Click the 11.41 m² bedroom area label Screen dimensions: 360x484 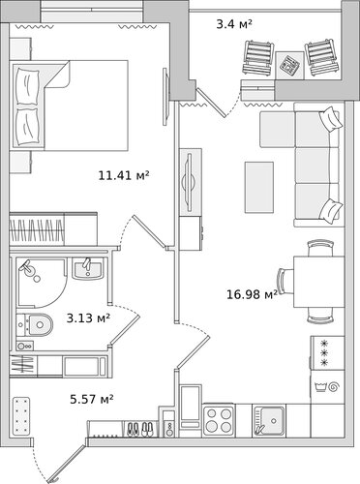(x=124, y=175)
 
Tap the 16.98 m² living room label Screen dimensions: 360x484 (x=252, y=294)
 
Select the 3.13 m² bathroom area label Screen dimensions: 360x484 (x=88, y=318)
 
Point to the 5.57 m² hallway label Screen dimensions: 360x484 (x=92, y=399)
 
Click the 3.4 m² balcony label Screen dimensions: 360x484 (x=234, y=24)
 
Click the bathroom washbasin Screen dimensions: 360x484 (x=88, y=268)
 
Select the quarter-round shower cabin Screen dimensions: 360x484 (x=42, y=283)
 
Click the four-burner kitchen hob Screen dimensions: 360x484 (x=220, y=420)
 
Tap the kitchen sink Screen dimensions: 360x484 (x=269, y=421)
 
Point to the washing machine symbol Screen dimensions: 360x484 (x=327, y=386)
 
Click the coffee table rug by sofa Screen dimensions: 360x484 (x=259, y=188)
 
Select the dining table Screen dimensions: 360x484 (x=319, y=282)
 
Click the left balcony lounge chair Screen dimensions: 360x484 (x=258, y=58)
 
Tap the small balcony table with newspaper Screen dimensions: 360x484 (x=289, y=65)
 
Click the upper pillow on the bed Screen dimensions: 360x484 (x=28, y=86)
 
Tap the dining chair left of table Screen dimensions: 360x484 (x=285, y=281)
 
